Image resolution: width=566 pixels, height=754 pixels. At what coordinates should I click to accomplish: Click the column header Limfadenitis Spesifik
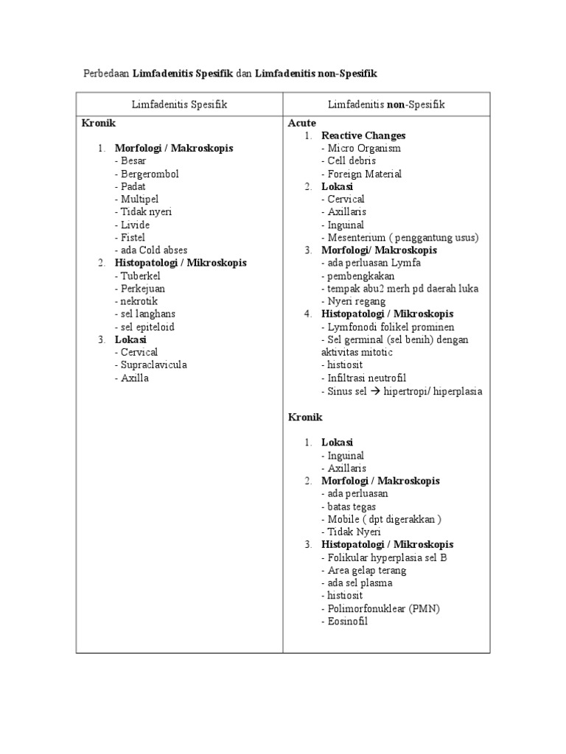[179, 105]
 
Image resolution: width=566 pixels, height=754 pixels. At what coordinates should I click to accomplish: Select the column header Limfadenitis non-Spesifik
[386, 105]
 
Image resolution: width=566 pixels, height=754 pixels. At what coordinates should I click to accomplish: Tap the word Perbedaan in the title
[105, 73]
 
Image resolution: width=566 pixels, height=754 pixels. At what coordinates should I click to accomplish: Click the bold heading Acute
[301, 123]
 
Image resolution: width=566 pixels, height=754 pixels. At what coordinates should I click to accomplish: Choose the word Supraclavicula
[154, 365]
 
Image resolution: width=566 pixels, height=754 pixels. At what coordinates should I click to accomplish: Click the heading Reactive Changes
[363, 135]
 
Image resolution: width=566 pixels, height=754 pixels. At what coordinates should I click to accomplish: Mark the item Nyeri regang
[357, 301]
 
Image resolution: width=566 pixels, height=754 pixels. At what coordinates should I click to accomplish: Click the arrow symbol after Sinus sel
[374, 391]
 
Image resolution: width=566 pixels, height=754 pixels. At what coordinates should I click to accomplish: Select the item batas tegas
[352, 507]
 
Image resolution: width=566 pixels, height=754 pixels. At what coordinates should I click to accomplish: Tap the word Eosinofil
[347, 621]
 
